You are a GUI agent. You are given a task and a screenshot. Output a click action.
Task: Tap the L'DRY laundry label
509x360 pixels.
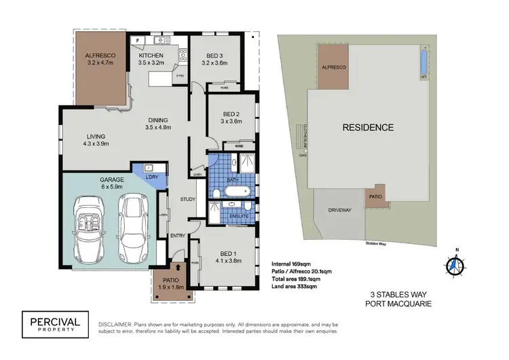[152, 177]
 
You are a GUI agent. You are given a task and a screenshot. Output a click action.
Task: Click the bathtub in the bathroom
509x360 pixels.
[238, 192]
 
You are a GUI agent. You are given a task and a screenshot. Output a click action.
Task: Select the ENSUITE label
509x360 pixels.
[238, 216]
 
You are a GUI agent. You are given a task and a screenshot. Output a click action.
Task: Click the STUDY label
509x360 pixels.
[188, 199]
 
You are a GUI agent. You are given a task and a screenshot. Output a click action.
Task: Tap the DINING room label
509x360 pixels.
[157, 120]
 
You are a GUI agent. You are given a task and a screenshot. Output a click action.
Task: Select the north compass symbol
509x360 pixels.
[457, 263]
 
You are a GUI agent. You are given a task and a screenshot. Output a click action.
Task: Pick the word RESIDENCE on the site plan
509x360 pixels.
[367, 127]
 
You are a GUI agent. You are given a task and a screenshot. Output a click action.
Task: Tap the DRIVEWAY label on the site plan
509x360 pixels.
[339, 211]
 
